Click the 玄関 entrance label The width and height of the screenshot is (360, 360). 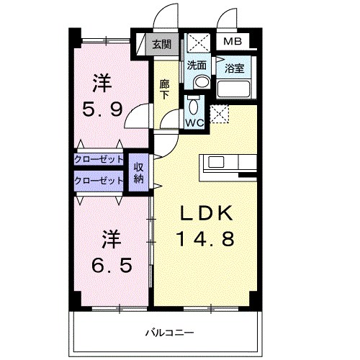pyautogui.click(x=161, y=45)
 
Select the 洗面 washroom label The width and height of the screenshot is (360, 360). pyautogui.click(x=197, y=65)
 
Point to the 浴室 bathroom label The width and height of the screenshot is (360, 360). pyautogui.click(x=234, y=69)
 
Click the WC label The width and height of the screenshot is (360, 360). pyautogui.click(x=194, y=122)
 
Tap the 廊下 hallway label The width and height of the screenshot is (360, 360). pyautogui.click(x=165, y=89)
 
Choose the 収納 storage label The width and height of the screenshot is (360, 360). pyautogui.click(x=138, y=174)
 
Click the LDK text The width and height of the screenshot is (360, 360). pyautogui.click(x=205, y=213)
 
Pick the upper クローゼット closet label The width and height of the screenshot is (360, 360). pyautogui.click(x=99, y=160)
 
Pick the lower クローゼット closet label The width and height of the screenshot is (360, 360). pyautogui.click(x=99, y=181)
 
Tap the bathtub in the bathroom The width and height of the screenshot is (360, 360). pyautogui.click(x=233, y=90)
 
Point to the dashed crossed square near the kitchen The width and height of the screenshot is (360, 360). pyautogui.click(x=220, y=113)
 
